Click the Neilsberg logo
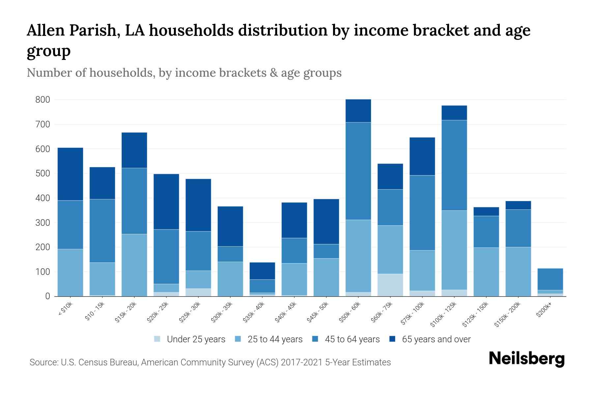click(526, 359)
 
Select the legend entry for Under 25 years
click(196, 339)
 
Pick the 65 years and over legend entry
click(436, 339)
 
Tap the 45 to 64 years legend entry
click(352, 339)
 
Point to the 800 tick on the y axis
click(42, 100)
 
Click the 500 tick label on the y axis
click(42, 173)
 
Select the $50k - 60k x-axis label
click(351, 312)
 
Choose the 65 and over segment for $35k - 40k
click(262, 271)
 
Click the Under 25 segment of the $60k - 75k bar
click(390, 285)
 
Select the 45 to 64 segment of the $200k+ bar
click(550, 279)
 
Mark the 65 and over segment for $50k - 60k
click(358, 111)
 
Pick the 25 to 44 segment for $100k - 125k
click(454, 250)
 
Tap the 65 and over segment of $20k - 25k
click(166, 201)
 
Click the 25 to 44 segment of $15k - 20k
click(134, 265)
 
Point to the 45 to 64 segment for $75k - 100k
click(422, 213)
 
